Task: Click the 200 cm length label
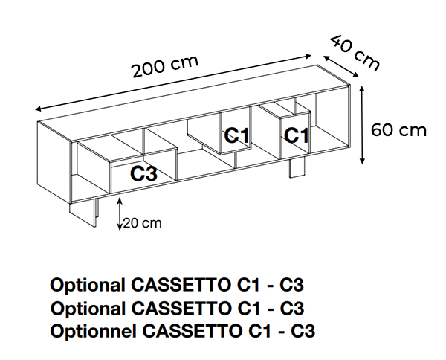tap(165, 67)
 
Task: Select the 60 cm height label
tap(399, 131)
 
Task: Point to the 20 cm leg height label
tap(142, 222)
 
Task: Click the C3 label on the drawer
tap(143, 174)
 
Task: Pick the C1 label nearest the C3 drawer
tap(236, 135)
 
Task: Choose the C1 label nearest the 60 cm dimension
tap(296, 135)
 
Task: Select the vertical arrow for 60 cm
tap(362, 124)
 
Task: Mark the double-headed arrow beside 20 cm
tap(120, 215)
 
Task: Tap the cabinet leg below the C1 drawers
tap(297, 168)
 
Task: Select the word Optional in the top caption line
tap(87, 285)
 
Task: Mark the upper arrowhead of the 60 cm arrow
tap(362, 88)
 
